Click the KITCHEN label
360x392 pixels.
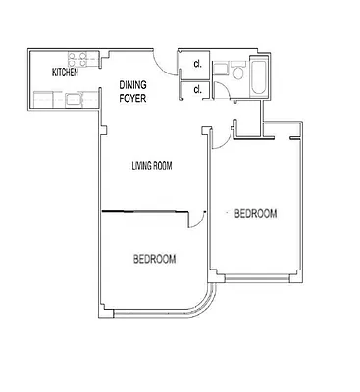tap(65, 73)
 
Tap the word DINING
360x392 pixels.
tap(132, 84)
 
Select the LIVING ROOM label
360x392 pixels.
tap(152, 166)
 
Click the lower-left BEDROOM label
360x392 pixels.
tap(154, 259)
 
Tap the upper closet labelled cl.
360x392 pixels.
tap(197, 65)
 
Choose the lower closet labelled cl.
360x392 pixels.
tap(197, 89)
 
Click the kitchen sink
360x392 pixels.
tap(74, 98)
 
